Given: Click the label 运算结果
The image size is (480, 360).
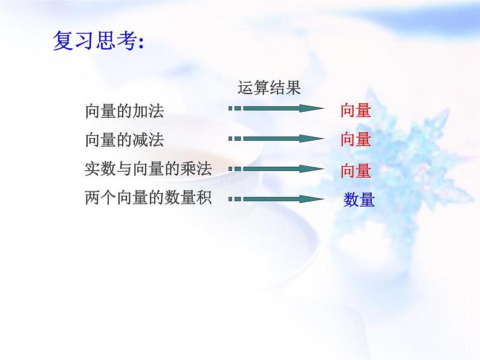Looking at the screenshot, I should [269, 89].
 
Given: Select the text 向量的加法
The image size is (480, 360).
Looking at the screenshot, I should [125, 111].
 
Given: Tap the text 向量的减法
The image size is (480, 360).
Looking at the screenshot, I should [125, 140].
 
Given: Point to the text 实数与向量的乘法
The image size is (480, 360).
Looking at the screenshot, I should [149, 169].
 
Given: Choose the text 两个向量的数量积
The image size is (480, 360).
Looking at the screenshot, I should [149, 198].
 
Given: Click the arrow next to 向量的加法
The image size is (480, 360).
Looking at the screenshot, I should [276, 109].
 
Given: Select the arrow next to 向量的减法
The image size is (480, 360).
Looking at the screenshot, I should [276, 138].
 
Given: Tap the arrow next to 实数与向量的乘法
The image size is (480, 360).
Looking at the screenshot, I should [276, 169].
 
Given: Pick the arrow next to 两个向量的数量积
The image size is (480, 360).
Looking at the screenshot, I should [276, 198].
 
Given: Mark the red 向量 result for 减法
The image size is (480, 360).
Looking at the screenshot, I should [355, 140].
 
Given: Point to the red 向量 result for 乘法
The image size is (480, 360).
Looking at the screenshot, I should [355, 170].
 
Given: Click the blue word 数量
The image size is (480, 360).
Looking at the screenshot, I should [359, 199].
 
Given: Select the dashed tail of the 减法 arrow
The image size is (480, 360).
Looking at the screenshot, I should [235, 138].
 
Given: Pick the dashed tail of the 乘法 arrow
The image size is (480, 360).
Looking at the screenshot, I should [235, 169].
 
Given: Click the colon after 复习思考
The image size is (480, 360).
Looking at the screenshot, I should [141, 43].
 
